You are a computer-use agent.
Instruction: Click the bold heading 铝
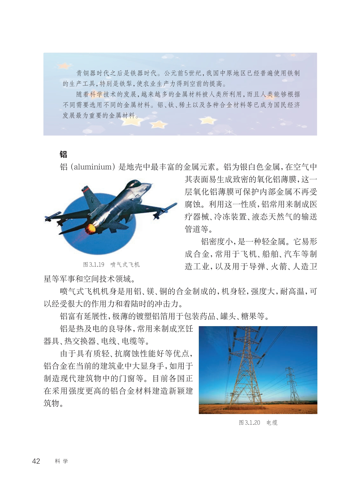pyautogui.click(x=63, y=154)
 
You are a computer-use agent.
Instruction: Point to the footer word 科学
pyautogui.click(x=61, y=461)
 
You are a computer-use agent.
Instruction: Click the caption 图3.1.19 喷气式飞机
pyautogui.click(x=111, y=264)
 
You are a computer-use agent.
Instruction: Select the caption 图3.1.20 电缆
pyautogui.click(x=258, y=423)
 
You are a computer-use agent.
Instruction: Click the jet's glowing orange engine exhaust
pyautogui.click(x=90, y=228)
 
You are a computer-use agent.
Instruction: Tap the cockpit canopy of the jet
pyautogui.click(x=134, y=184)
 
